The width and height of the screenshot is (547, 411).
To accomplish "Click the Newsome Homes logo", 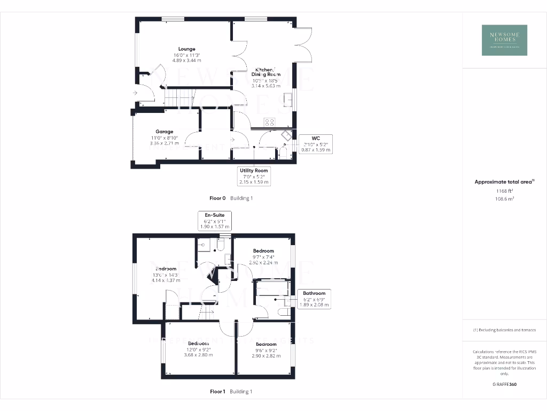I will point(504,40).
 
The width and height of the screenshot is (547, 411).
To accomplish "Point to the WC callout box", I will point(315,144).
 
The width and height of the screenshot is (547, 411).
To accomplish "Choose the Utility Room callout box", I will point(254,176).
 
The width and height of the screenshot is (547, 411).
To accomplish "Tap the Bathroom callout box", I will point(314,299).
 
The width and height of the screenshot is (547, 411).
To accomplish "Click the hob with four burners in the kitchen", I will point(270,122).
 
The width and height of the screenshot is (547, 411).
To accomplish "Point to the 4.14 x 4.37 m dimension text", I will point(166,280).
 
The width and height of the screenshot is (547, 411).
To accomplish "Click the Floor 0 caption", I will point(218,198).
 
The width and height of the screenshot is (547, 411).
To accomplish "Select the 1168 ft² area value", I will point(504,191).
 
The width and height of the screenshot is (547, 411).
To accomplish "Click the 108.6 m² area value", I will point(504,199).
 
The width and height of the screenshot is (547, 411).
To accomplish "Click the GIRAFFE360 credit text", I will point(504,384).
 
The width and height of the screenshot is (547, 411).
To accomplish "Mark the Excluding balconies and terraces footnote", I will point(504,330).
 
